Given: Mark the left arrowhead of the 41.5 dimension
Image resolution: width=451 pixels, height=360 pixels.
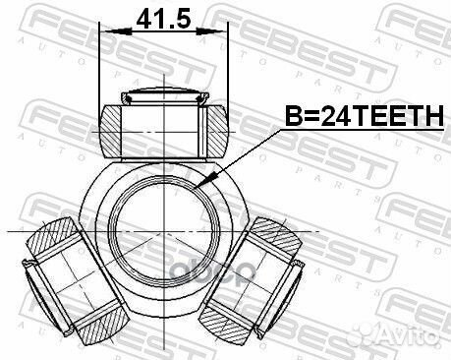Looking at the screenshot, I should [105, 32].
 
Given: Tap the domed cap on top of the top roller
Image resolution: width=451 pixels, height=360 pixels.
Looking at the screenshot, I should [163, 96].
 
